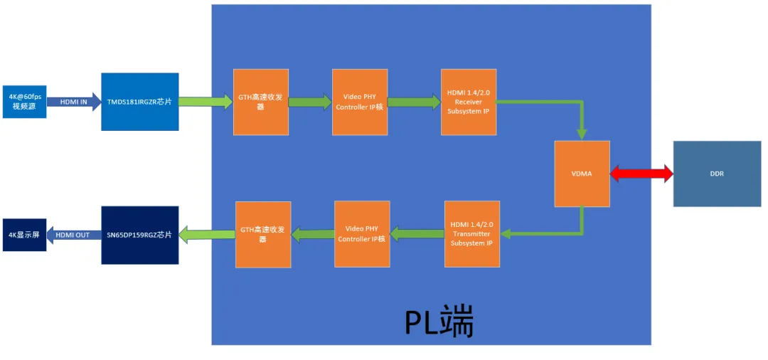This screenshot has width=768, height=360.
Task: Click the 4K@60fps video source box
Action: pos(24,101)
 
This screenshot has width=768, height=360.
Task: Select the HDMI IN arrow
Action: pos(74,101)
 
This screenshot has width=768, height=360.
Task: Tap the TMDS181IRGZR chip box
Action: pos(139,102)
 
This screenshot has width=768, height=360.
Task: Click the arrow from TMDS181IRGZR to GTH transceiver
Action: pos(206,102)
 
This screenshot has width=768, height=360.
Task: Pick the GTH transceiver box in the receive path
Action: pos(261,102)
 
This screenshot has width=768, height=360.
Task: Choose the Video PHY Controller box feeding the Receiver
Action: pos(360,102)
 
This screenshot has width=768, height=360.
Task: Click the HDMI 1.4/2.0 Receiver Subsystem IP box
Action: pos(469,102)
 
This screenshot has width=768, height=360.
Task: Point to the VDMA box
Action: pos(582,173)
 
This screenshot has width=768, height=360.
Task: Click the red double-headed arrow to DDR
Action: pos(641,173)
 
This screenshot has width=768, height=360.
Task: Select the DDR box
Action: pos(717,173)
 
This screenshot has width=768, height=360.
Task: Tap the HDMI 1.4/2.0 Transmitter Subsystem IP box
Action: pos(471,233)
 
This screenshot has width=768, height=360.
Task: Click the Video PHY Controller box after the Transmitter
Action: pos(362,234)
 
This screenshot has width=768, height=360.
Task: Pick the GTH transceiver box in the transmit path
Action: pos(262,234)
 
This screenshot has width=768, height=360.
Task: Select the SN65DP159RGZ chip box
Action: pos(139,235)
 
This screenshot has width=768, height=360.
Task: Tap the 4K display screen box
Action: pos(24,235)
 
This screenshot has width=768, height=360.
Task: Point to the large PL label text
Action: pos(439,322)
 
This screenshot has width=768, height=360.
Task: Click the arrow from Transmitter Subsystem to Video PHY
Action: pos(417,233)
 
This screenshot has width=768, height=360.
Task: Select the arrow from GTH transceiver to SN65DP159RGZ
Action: pos(207,233)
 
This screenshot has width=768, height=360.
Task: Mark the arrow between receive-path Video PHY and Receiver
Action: pos(414,102)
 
